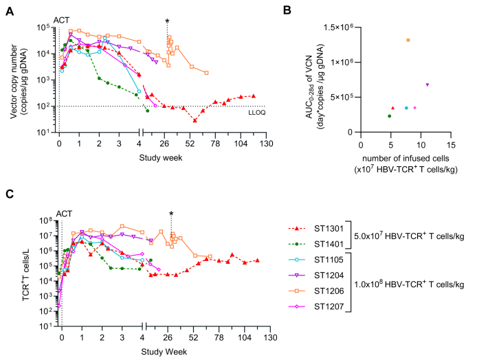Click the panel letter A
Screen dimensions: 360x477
[x=9, y=8]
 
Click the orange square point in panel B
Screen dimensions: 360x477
[x=408, y=40]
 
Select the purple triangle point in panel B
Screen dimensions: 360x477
[x=428, y=85]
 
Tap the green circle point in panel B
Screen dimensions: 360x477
[x=389, y=116]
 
